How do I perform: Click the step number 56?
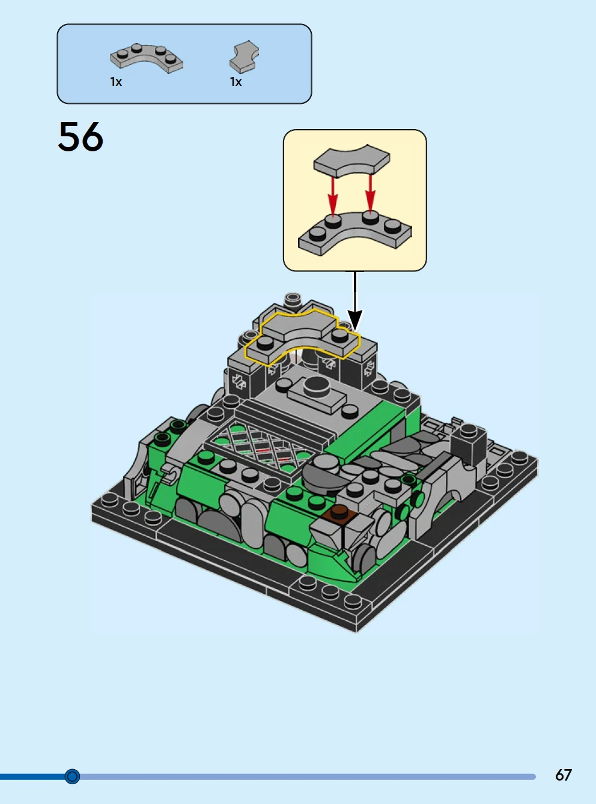point(81,137)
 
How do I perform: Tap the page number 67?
point(564,775)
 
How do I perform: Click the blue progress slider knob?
point(72,776)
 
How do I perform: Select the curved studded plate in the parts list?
point(147,58)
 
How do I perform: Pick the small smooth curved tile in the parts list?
point(244,56)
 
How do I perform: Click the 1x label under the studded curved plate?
point(116,82)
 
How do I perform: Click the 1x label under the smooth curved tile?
point(236,82)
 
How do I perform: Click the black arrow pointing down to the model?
point(354,301)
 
